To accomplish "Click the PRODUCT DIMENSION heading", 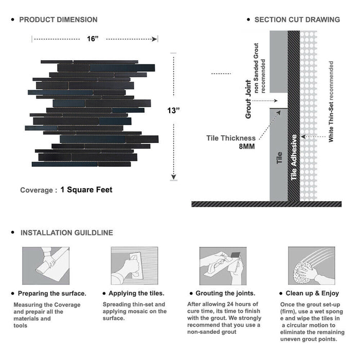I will click(x=58, y=20).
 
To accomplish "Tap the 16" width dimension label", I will click(x=93, y=39).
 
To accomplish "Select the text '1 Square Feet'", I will click(x=86, y=190).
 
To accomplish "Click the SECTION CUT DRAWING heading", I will click(x=297, y=20).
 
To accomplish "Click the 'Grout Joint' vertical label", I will click(x=248, y=99).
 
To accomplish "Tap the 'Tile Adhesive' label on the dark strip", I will click(x=294, y=157).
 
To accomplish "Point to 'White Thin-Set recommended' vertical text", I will click(x=331, y=101).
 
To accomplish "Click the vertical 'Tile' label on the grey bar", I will click(x=279, y=157).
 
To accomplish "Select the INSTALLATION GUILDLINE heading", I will click(x=66, y=232).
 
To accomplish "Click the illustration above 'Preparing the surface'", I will click(x=45, y=266).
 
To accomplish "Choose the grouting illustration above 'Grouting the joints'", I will click(x=223, y=266).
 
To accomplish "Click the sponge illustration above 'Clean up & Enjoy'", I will click(x=311, y=266).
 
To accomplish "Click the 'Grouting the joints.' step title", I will click(x=225, y=293).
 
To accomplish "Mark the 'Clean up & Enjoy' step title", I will click(x=313, y=293).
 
